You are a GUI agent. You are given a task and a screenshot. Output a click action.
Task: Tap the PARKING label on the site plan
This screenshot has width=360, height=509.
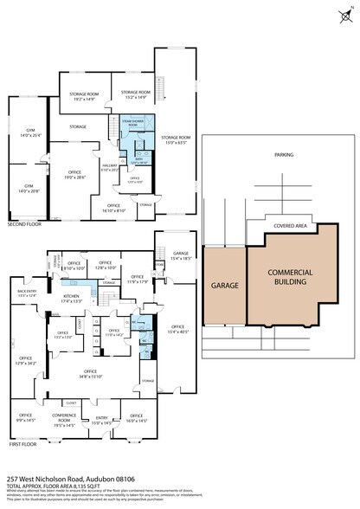coord(283,155)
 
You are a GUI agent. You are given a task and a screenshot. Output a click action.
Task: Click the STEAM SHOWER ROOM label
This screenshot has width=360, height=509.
coord(132,124)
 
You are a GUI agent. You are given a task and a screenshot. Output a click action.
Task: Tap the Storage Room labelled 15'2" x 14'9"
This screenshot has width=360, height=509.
coord(136,95)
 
